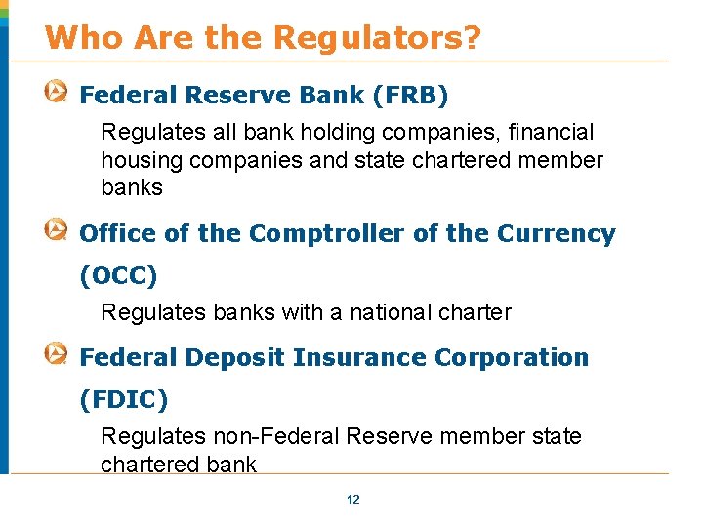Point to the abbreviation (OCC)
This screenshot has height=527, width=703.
point(118,276)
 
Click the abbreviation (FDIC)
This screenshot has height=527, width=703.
point(124,399)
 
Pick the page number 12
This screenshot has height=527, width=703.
point(353,500)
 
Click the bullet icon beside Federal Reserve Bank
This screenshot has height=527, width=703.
point(57,94)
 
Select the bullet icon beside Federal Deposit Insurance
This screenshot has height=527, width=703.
point(57,355)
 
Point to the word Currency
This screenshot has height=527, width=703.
point(557,234)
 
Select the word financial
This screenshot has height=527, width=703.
point(546,132)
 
